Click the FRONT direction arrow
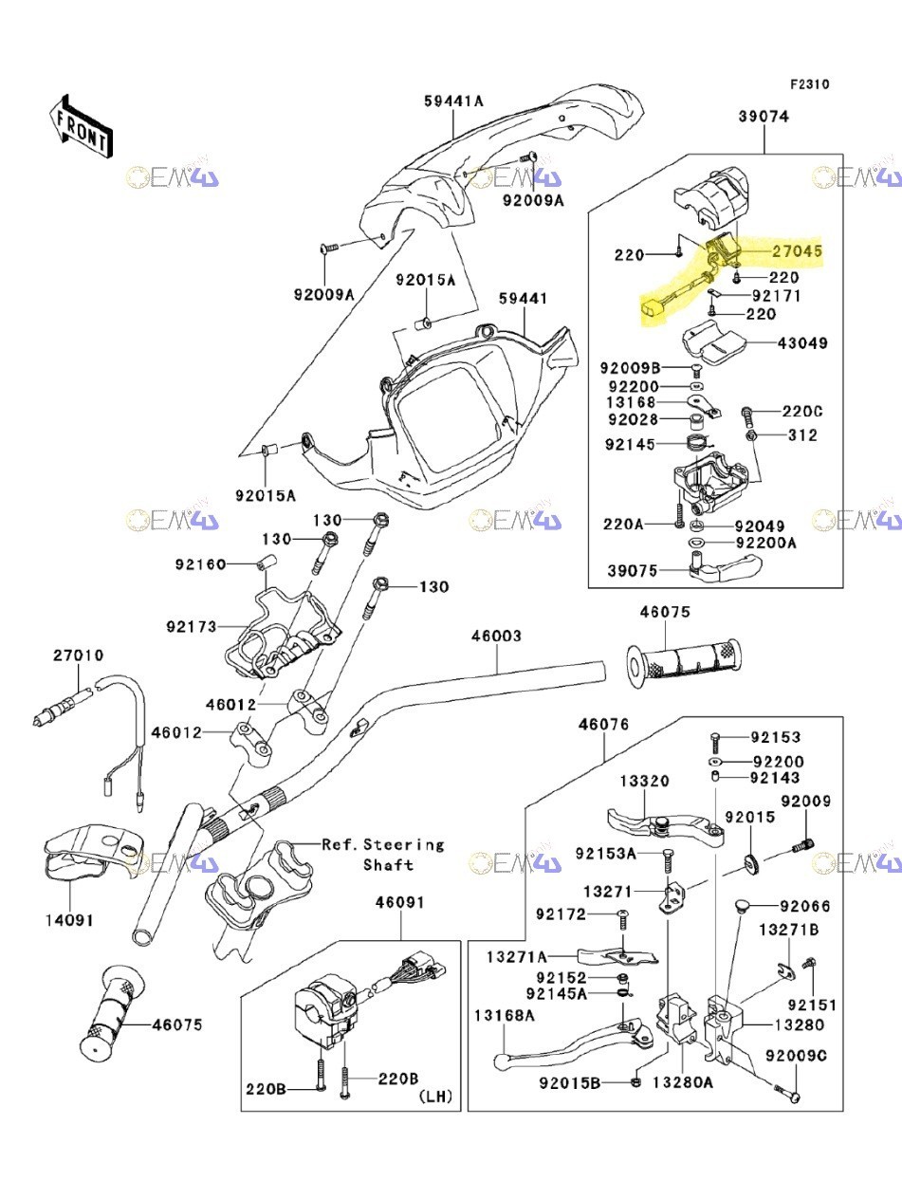(x=81, y=125)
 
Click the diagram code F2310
(x=809, y=83)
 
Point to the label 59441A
(x=453, y=100)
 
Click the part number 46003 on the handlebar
(x=496, y=636)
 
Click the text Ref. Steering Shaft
(x=383, y=854)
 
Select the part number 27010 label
(x=78, y=655)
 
